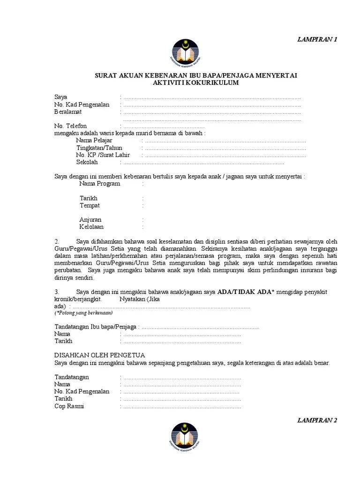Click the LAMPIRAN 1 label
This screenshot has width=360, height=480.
317,39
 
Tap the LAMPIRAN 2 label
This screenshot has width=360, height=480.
317,420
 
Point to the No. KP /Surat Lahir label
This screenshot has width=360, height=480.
103,155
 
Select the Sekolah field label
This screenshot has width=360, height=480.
87,162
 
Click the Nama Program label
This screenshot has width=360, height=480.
99,184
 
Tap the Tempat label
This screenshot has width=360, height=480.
90,205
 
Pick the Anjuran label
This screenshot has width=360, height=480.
90,219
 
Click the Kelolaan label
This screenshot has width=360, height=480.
91,227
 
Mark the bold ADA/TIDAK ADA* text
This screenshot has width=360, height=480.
245,292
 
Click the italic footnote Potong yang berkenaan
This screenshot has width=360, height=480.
83,313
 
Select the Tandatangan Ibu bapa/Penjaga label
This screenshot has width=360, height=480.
97,327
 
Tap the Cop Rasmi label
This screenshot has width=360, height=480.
69,406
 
